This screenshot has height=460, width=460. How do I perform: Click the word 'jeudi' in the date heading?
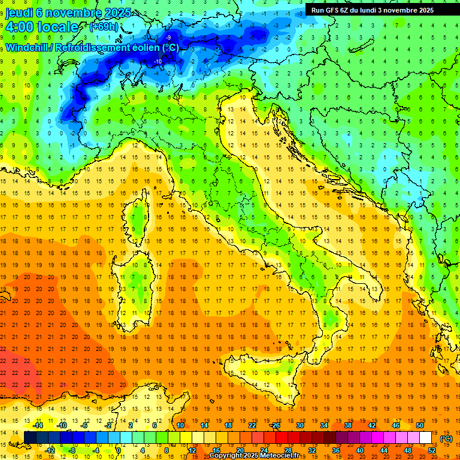[x=19, y=13]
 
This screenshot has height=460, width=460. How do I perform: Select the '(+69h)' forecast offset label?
[x=104, y=26]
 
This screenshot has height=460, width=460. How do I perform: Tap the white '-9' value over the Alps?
[x=168, y=38]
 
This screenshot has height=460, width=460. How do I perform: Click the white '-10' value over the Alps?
[x=158, y=61]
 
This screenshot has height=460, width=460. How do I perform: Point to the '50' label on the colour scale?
[x=420, y=425]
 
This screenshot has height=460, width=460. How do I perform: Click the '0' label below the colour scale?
[x=119, y=450]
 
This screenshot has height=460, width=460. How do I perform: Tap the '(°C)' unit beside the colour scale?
[x=446, y=438]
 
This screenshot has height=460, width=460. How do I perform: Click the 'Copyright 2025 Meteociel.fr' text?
[x=259, y=456]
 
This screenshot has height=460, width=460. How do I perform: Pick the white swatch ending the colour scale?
[x=425, y=438]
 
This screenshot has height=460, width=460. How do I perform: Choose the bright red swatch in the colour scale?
[x=282, y=438]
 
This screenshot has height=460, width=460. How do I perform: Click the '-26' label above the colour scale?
[x=276, y=425]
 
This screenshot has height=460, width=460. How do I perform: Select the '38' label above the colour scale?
[x=348, y=425]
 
